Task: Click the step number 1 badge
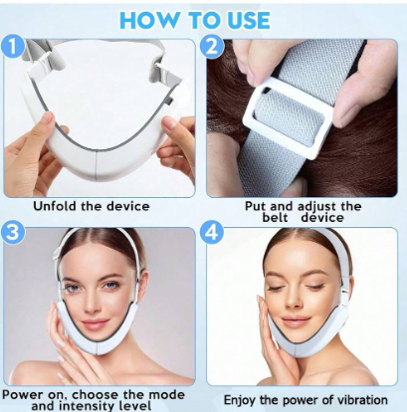click(13, 47)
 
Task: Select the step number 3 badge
click(13, 232)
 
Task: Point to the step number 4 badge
click(211, 232)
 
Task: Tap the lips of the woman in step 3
click(96, 322)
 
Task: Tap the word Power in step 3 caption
click(23, 395)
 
